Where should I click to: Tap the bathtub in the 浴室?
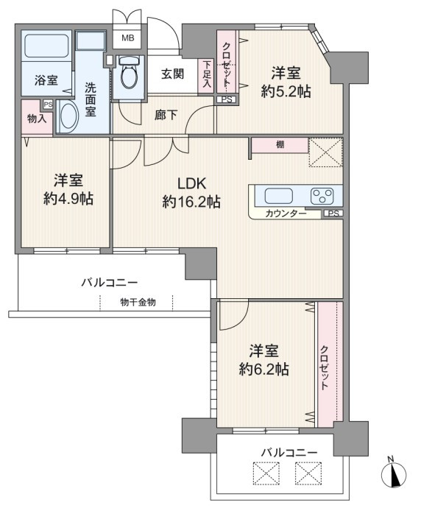pos(47,45)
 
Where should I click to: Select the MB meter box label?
pos(128,38)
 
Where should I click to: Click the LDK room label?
pos(191,184)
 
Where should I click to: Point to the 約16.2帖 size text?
pos(191,202)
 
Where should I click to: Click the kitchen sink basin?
pos(278,196)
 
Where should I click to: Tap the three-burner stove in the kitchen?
pos(322,196)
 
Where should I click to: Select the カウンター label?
pos(286,214)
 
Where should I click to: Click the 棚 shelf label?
pos(280,144)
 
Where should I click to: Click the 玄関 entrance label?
pos(173,74)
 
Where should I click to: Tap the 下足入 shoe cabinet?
pos(206,76)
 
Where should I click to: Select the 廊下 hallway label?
pos(166,115)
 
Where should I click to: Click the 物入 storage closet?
pos(37,117)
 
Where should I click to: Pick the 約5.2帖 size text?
pos(286,92)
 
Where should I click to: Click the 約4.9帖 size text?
pos(68,198)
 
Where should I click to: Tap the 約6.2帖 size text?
pos(264,369)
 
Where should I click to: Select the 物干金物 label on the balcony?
pos(138,303)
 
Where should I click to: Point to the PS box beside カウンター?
pos(333,214)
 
